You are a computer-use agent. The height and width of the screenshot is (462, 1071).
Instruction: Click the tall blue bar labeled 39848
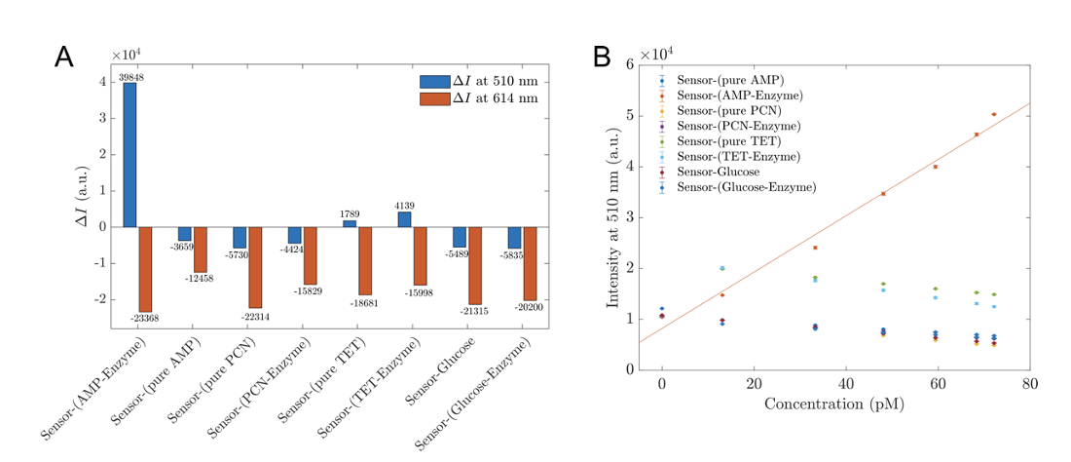(129, 155)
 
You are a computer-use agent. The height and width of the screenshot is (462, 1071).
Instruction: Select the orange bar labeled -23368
(145, 269)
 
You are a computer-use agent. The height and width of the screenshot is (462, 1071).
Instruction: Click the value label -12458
(199, 280)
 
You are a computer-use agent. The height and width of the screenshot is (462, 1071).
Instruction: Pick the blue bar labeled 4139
(404, 219)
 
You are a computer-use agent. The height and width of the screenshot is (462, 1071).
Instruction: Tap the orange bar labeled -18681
(365, 260)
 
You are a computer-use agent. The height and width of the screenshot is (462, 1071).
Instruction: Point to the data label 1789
(350, 214)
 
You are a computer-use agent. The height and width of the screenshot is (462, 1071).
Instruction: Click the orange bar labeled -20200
(530, 263)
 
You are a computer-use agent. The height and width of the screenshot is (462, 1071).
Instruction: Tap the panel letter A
(63, 57)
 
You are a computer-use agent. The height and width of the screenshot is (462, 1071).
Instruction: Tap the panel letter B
(602, 57)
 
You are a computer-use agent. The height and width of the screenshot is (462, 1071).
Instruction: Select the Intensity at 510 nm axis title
(613, 216)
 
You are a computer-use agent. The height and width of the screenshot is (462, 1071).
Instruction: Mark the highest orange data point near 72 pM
(994, 114)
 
